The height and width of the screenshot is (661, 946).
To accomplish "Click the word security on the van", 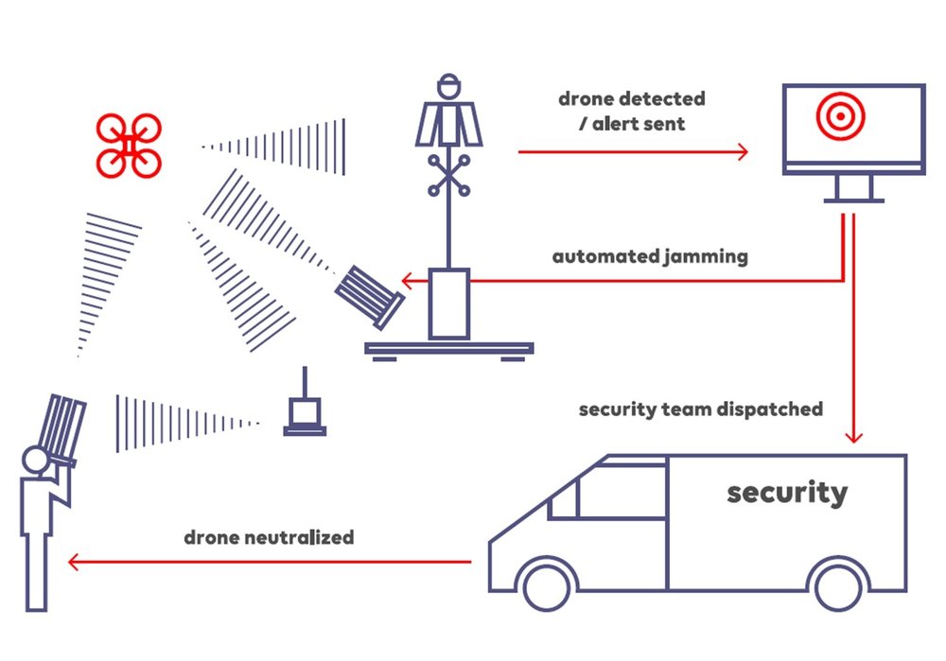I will pos(787,492).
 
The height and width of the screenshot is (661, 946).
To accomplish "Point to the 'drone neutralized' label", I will pos(270,537).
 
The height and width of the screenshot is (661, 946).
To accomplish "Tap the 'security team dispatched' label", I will pos(701,409).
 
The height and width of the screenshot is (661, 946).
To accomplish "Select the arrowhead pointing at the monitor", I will pos(743,151).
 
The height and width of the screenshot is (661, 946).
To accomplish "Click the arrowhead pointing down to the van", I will pos(853,436).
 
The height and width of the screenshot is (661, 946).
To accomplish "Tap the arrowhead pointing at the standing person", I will pos(73,564).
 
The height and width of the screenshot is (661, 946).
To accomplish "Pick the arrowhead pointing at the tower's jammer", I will pos(405,281).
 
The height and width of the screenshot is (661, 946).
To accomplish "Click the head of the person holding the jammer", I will pos(36,462).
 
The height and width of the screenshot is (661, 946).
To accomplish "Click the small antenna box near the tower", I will pos(305,413).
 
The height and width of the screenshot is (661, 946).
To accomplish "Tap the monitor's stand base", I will pos(853,200).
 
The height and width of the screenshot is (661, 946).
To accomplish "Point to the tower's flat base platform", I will pos(449,349).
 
